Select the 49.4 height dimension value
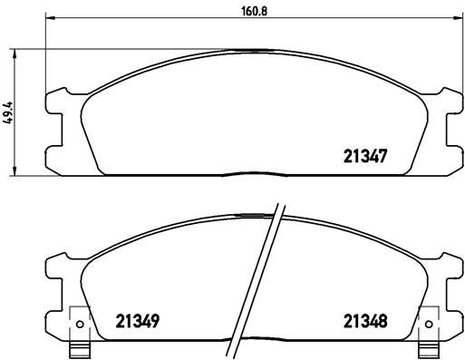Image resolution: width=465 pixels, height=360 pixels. click(x=9, y=112)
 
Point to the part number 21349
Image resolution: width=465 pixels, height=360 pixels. click(x=138, y=321)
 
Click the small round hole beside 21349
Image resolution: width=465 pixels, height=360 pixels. click(x=79, y=325)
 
